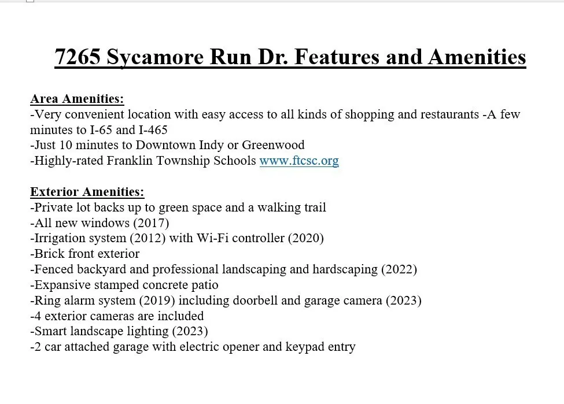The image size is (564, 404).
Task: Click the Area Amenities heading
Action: point(77,99)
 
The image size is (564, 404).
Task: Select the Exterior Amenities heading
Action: point(87,192)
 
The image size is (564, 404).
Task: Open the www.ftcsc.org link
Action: point(299,161)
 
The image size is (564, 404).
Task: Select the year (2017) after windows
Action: point(152,223)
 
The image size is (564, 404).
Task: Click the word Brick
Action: point(49,254)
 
